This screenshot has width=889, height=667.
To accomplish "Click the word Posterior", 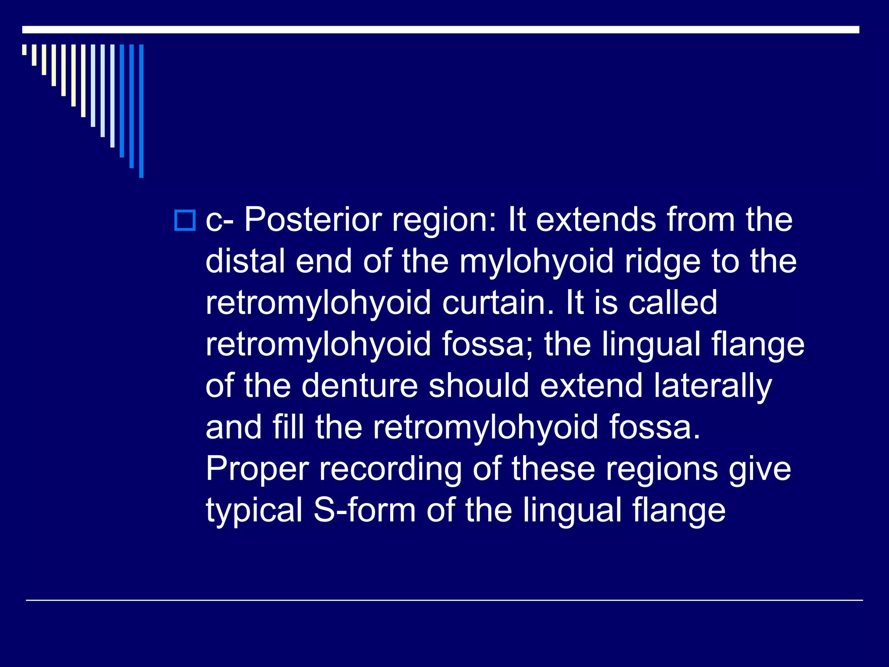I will click(312, 220).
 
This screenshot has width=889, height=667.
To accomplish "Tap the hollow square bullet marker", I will click(185, 220).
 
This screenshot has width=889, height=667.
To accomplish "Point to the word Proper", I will click(257, 469).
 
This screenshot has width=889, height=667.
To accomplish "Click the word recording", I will click(390, 469).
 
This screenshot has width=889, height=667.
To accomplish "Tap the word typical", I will click(254, 511).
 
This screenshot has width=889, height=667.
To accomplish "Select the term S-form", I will click(365, 510).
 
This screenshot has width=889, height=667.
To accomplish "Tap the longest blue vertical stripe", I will click(141, 111).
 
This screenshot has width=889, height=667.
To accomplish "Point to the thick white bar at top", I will click(441, 30).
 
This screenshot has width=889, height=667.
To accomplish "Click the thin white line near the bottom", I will click(444, 600).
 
